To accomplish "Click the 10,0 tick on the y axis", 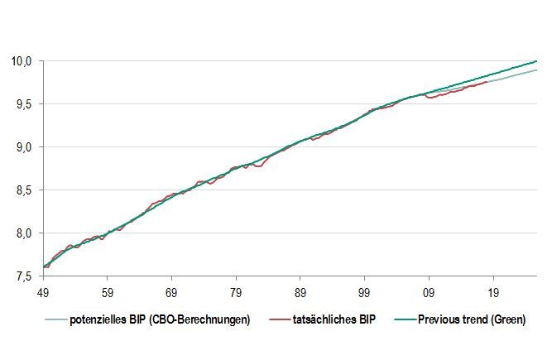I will pyautogui.click(x=21, y=61).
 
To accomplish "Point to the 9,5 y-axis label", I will pyautogui.click(x=22, y=104).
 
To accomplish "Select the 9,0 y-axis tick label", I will pyautogui.click(x=22, y=147).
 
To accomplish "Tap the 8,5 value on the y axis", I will pyautogui.click(x=22, y=190).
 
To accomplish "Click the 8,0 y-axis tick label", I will pyautogui.click(x=22, y=233).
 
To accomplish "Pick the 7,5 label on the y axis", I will pyautogui.click(x=22, y=276).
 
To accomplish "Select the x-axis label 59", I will pyautogui.click(x=106, y=292).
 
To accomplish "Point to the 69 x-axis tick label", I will pyautogui.click(x=170, y=292).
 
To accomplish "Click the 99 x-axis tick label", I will pyautogui.click(x=364, y=292).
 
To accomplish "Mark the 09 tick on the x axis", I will pyautogui.click(x=429, y=292).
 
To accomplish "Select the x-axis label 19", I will pyautogui.click(x=493, y=292).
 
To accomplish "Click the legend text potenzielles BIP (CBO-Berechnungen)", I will pyautogui.click(x=159, y=320).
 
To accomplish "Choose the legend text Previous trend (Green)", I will pyautogui.click(x=471, y=320).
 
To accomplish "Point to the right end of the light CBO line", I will pyautogui.click(x=536, y=70).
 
